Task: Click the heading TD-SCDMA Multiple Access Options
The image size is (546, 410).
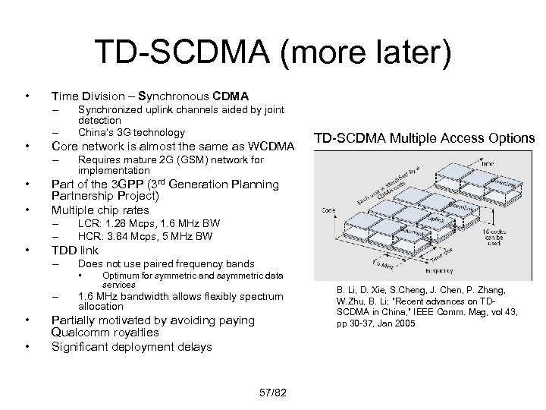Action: pyautogui.click(x=425, y=138)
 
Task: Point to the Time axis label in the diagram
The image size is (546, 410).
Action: pyautogui.click(x=488, y=162)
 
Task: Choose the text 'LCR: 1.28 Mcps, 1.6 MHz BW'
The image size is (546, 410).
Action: pyautogui.click(x=149, y=224)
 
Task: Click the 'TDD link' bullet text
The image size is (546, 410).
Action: pyautogui.click(x=74, y=250)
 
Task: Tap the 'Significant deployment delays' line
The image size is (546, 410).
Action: pyautogui.click(x=132, y=347)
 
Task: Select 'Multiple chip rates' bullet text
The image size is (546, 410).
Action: pyautogui.click(x=100, y=210)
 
